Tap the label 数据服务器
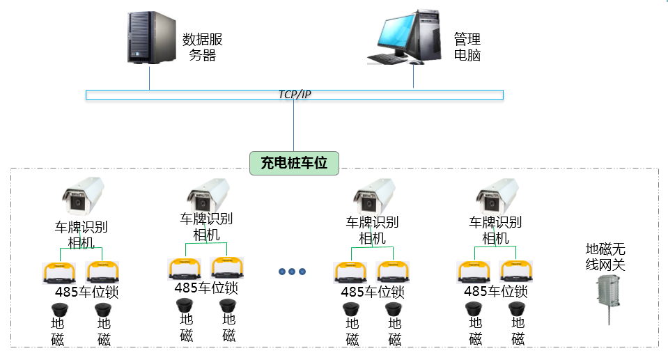pos(202,47)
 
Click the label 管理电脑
pos(467,47)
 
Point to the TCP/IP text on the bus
pos(294,95)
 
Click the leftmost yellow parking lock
pos(59,272)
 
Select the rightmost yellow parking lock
pos(516,272)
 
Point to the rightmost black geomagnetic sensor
pos(516,308)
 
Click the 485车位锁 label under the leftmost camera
pos(87,292)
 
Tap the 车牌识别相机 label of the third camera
pos(373,230)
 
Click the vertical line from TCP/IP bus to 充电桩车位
pos(294,125)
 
